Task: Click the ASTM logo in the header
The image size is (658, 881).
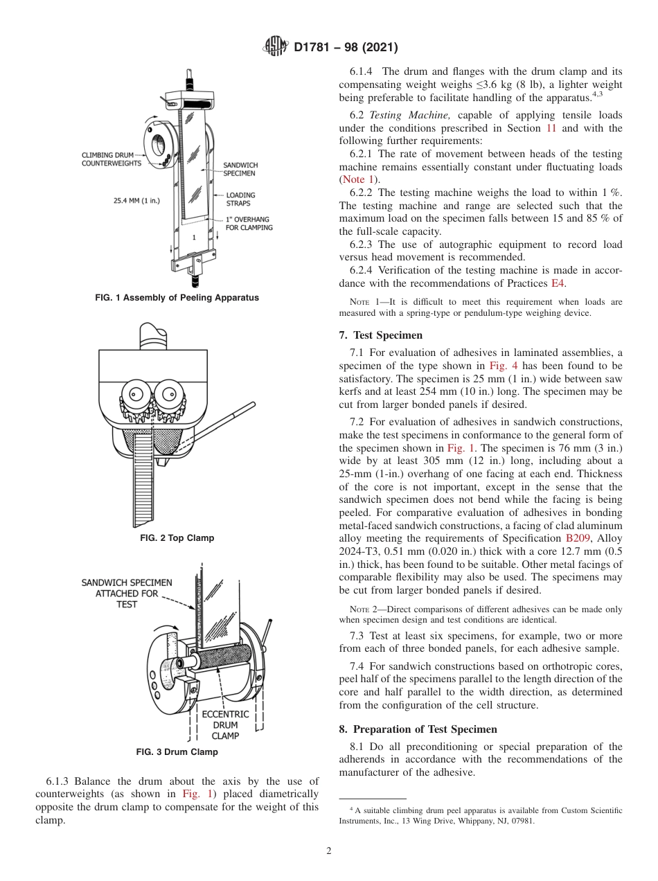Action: tap(276, 47)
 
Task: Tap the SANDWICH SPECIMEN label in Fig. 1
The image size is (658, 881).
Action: tap(240, 169)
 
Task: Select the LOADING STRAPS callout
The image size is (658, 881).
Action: tap(240, 199)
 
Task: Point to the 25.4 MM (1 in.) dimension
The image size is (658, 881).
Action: tap(136, 201)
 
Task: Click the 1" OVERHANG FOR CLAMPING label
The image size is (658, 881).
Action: tap(249, 223)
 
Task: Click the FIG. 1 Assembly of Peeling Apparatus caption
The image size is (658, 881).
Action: tap(177, 298)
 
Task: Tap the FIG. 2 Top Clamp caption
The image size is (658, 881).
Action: tap(177, 538)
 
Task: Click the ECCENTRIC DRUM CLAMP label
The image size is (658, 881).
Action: tap(225, 725)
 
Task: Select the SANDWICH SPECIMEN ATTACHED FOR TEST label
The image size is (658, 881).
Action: tap(127, 594)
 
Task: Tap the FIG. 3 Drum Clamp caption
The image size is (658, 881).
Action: tap(177, 751)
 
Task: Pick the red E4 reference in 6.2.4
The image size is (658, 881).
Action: tap(558, 283)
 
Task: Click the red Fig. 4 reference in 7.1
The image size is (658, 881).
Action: tap(503, 366)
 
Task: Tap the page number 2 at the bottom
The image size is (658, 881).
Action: tap(329, 851)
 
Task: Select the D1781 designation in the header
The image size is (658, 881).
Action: tap(315, 47)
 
